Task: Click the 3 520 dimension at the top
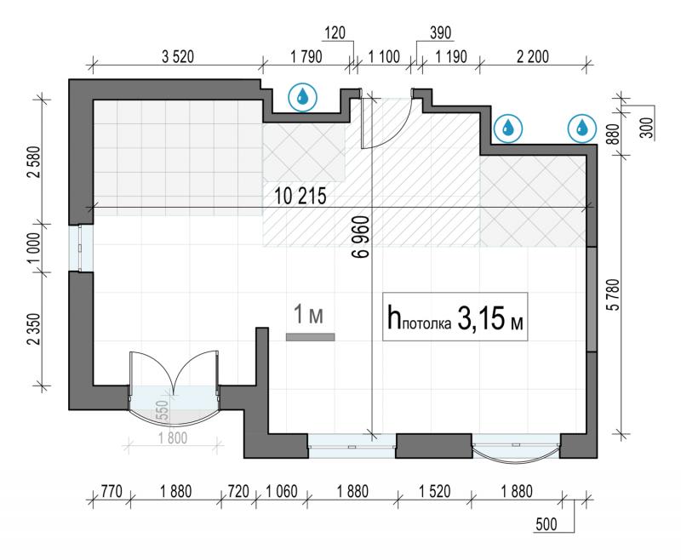click(x=178, y=57)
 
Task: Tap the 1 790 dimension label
click(x=306, y=57)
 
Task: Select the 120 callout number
click(x=335, y=33)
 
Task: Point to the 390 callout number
click(x=440, y=33)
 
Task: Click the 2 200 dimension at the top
click(x=533, y=57)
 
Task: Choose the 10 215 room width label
click(x=300, y=197)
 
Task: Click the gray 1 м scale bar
click(x=310, y=337)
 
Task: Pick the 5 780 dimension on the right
click(x=615, y=294)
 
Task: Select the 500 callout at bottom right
click(x=547, y=524)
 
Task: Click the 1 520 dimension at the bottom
click(x=435, y=491)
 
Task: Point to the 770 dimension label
click(x=112, y=491)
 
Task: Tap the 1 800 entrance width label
click(x=173, y=438)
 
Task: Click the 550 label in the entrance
click(x=162, y=410)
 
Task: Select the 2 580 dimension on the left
click(x=34, y=162)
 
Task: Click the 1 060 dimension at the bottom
click(x=282, y=491)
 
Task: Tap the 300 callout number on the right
click(x=648, y=128)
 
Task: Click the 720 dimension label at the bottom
click(x=238, y=491)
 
